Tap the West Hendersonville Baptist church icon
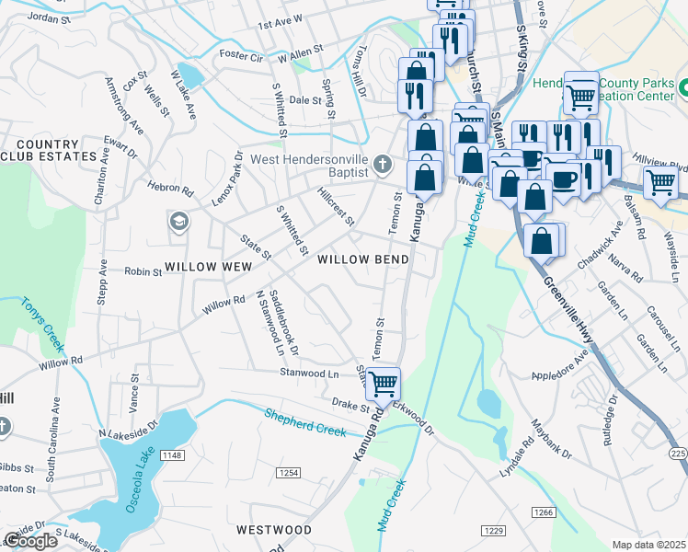[x=384, y=166]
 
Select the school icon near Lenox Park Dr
[x=178, y=222]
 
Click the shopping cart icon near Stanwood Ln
[x=383, y=382]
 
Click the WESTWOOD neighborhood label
[x=273, y=530]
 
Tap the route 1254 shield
[x=288, y=472]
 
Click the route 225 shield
[x=678, y=454]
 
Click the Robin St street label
[x=143, y=271]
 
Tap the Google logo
[x=30, y=541]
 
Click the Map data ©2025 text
[x=648, y=545]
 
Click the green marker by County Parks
[x=686, y=88]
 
